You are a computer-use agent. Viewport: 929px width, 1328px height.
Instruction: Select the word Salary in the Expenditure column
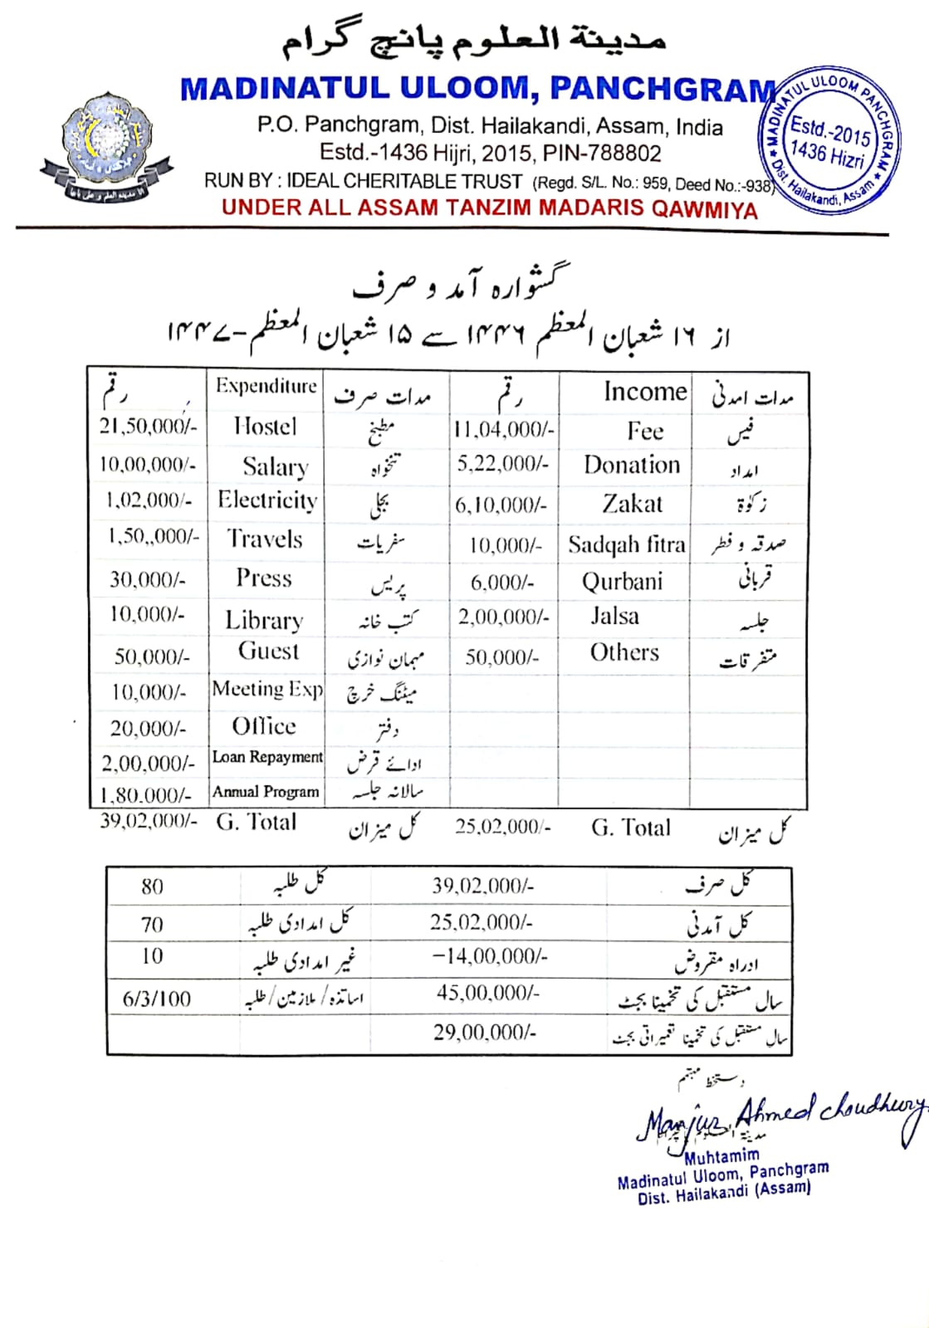(x=275, y=466)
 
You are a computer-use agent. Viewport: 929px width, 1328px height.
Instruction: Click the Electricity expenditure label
(x=267, y=500)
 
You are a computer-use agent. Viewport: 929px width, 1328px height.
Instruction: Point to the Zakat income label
(x=632, y=504)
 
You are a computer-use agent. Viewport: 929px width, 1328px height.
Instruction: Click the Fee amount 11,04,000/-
(x=503, y=429)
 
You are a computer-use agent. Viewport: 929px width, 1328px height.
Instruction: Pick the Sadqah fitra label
(x=626, y=544)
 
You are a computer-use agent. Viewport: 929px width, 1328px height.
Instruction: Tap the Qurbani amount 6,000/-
(x=502, y=583)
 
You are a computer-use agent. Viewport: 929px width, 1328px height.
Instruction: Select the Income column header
(x=645, y=392)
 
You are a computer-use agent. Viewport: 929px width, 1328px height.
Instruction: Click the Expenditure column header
(x=266, y=386)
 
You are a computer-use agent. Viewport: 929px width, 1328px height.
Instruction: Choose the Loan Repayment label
(x=267, y=757)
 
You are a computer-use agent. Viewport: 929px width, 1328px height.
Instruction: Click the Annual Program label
(x=266, y=792)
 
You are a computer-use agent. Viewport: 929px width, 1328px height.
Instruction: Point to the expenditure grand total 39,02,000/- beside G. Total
(x=148, y=822)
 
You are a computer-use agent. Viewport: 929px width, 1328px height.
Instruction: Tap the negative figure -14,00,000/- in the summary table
(x=490, y=957)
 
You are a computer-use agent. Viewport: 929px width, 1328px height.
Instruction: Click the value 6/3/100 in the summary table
(x=157, y=998)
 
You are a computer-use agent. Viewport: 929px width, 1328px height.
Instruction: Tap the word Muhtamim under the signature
(x=721, y=1156)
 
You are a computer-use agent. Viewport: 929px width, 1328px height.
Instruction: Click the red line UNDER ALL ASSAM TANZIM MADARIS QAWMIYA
(x=489, y=208)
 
